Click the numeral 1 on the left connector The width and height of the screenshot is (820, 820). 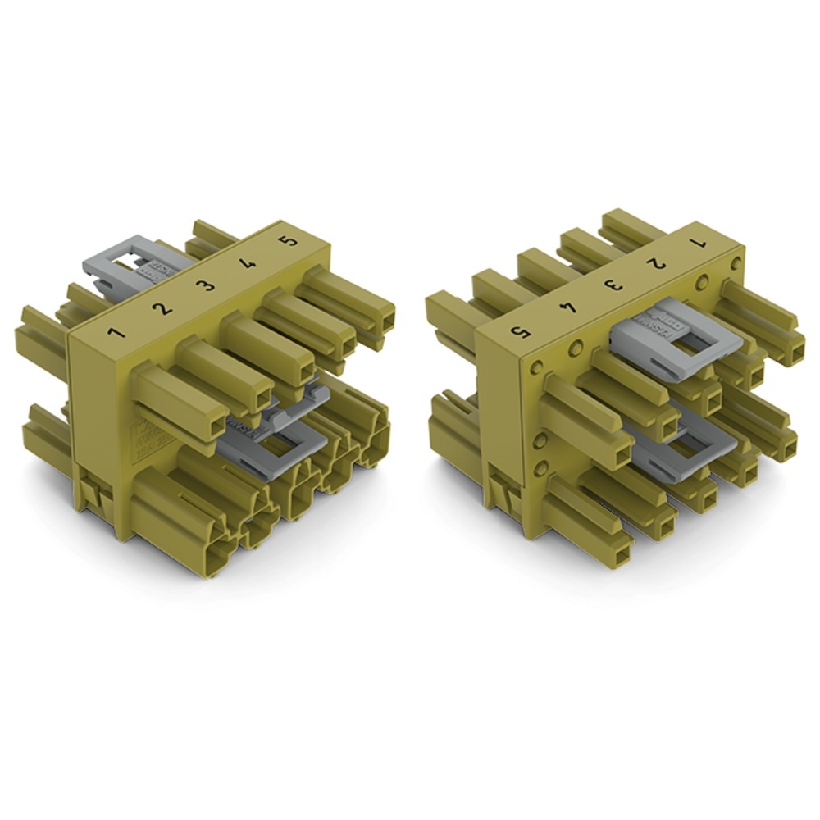(x=117, y=333)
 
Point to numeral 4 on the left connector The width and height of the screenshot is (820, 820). (x=248, y=264)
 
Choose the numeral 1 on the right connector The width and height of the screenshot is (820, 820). (x=698, y=243)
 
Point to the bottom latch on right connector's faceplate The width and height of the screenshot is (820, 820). (x=501, y=493)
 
